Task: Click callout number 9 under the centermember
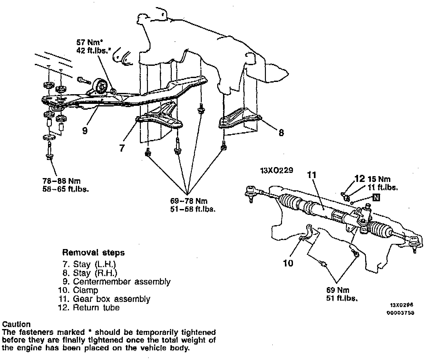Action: click(x=85, y=131)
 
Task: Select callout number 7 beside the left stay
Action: click(x=122, y=148)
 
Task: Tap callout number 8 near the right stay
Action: click(x=281, y=133)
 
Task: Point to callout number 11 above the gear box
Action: click(x=312, y=175)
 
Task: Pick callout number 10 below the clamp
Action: click(x=288, y=263)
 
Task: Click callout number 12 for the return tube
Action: click(x=360, y=179)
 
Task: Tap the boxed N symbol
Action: click(x=376, y=197)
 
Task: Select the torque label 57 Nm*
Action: click(x=89, y=42)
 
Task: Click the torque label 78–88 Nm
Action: click(x=62, y=181)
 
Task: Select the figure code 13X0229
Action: click(x=277, y=170)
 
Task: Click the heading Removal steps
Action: click(x=93, y=252)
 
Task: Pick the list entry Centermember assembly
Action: click(x=121, y=282)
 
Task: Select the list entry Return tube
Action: click(x=96, y=307)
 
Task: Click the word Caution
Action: click(x=16, y=324)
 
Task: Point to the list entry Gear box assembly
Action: click(x=111, y=299)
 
